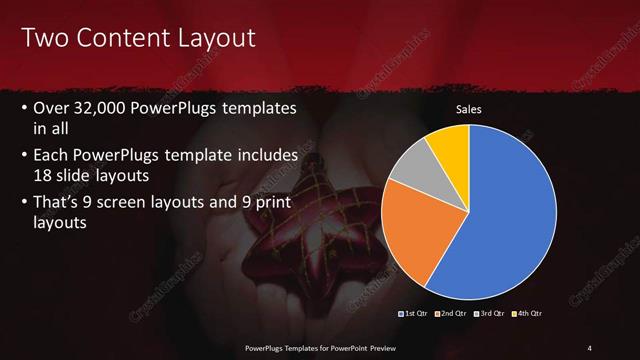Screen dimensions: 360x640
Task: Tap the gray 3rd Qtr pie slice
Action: [x=410, y=165]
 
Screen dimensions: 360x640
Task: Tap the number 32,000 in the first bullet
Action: [x=102, y=108]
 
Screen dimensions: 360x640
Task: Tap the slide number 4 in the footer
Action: [x=589, y=347]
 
